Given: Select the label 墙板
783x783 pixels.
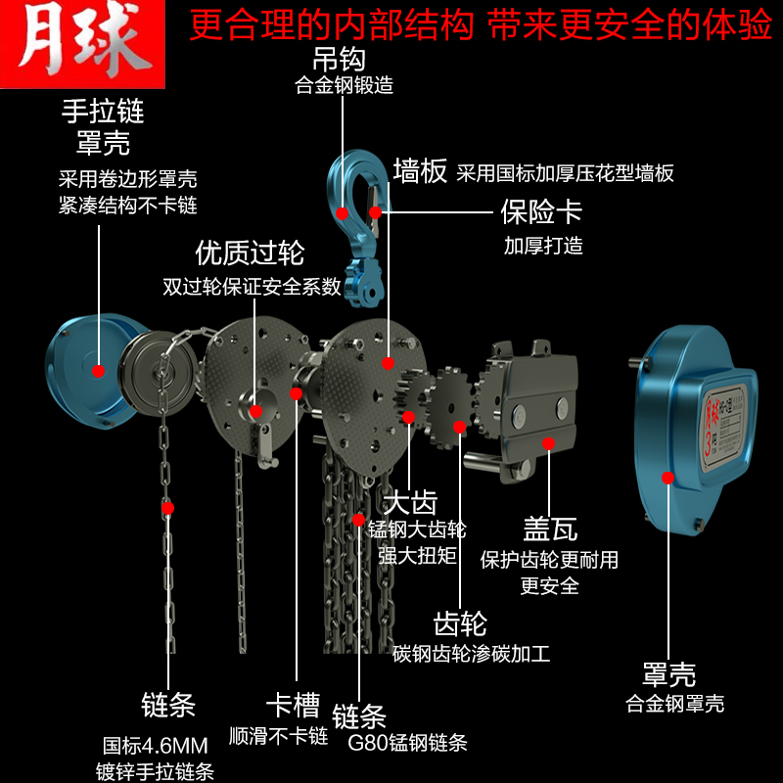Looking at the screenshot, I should coord(420,172).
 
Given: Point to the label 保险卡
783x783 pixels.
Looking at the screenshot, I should coord(541,211).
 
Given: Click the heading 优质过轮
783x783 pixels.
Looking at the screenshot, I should coord(251,253).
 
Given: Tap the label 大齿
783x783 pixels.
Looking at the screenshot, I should coord(410,503).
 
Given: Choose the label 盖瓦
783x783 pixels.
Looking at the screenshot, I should coord(549,529).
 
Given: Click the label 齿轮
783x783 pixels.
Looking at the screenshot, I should coord(460,623).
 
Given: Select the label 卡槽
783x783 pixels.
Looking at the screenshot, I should coord(294,704).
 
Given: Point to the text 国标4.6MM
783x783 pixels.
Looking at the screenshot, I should coord(155,744).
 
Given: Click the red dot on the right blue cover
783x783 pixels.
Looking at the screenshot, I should coord(668,477).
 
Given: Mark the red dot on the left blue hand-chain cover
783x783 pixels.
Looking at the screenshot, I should coord(97,369).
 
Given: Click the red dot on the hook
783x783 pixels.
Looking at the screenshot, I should coord(343,211).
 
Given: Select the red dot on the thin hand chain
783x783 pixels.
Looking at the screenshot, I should coord(167,508).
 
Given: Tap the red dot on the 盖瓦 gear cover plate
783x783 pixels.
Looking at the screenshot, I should coord(548,443).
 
